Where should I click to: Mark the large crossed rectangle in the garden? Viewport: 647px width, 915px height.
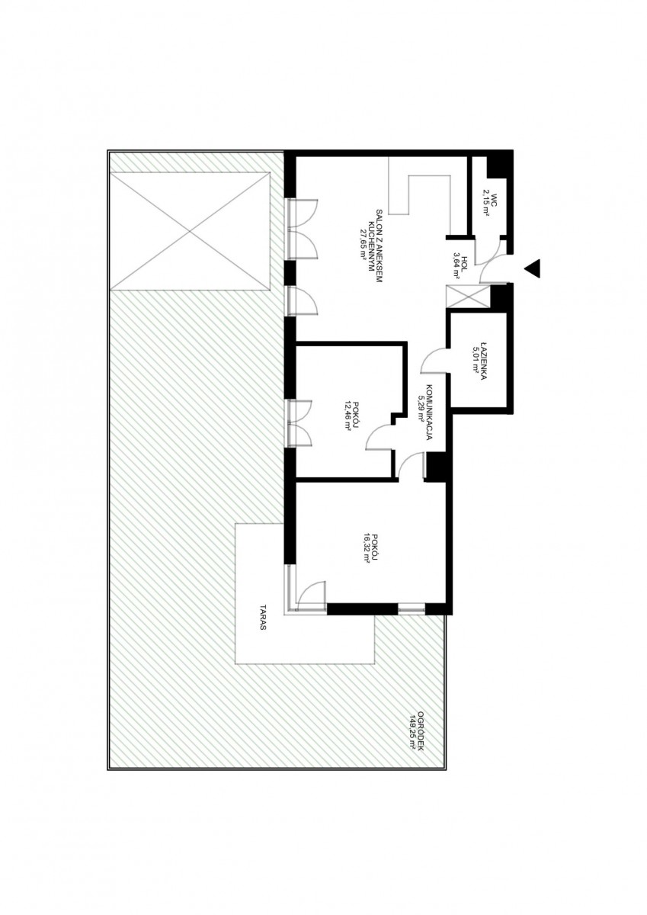point(191,231)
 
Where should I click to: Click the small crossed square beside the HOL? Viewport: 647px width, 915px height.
point(468,295)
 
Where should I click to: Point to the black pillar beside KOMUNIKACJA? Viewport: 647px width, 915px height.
point(437,466)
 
